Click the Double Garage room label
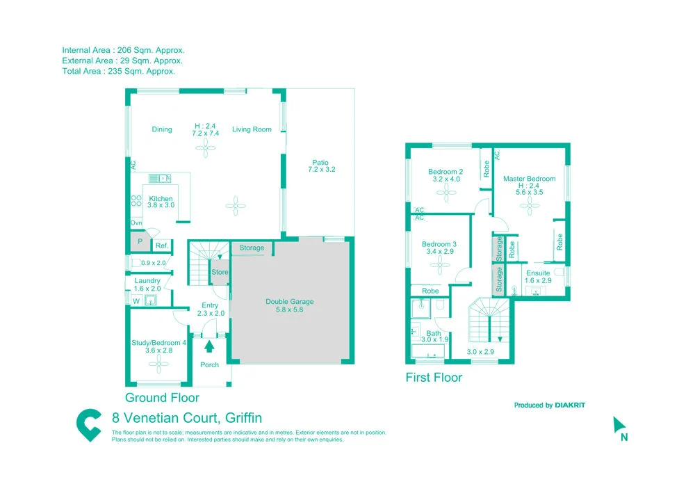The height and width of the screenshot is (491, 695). pos(289,302)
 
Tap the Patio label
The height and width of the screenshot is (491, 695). pos(320,163)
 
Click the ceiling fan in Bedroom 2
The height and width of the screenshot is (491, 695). pos(446,195)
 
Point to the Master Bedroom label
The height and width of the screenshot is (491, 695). pos(529,179)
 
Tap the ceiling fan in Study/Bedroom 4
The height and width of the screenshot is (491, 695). pos(159,363)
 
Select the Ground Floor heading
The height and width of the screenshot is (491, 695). pos(162,398)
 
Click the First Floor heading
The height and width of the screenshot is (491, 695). pos(434,378)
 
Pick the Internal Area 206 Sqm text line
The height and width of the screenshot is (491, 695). pos(123,50)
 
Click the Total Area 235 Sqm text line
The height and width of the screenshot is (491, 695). pos(118,71)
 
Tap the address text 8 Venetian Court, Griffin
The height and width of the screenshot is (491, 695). pos(187,418)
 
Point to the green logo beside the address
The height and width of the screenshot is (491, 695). pos(88,425)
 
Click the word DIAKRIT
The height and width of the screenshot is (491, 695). pos(570,405)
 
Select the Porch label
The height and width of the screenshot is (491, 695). pos(209,364)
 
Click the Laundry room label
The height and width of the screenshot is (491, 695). pos(147,281)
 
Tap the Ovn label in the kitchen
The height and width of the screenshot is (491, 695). pos(136,223)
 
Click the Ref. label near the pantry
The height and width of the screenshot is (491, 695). pos(161,245)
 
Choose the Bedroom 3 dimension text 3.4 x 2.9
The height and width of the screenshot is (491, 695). pos(439,252)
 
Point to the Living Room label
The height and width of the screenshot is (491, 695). pos(252,129)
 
